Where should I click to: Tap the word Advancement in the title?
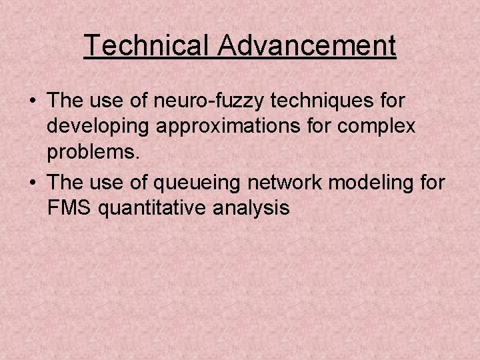coord(307,45)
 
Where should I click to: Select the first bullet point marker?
coord(32,101)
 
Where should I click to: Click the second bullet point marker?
coord(32,183)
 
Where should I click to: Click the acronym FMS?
coord(69,208)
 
